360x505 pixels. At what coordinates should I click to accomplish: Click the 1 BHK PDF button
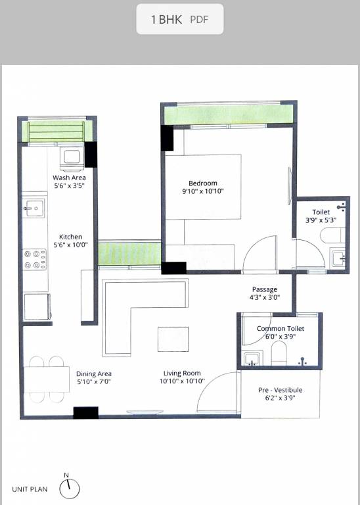click(179, 19)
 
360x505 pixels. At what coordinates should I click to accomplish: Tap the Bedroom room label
click(202, 183)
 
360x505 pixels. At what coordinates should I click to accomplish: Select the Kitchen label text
click(70, 237)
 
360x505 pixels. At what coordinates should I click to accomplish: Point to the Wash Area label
click(69, 178)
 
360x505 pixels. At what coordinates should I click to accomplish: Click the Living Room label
click(182, 373)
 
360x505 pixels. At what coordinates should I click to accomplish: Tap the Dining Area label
click(94, 373)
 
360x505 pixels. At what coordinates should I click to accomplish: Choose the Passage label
click(265, 289)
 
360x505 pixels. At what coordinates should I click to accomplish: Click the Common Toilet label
click(280, 328)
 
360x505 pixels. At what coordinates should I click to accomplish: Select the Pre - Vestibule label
click(280, 390)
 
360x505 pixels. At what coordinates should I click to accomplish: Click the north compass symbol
click(69, 488)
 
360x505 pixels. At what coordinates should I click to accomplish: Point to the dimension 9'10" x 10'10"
click(202, 191)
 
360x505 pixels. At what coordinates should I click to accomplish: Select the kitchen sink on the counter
click(33, 209)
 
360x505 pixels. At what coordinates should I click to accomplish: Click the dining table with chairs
click(46, 379)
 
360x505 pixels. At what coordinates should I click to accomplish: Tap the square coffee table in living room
click(173, 339)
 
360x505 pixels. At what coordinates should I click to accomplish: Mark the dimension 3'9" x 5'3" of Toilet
click(321, 220)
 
